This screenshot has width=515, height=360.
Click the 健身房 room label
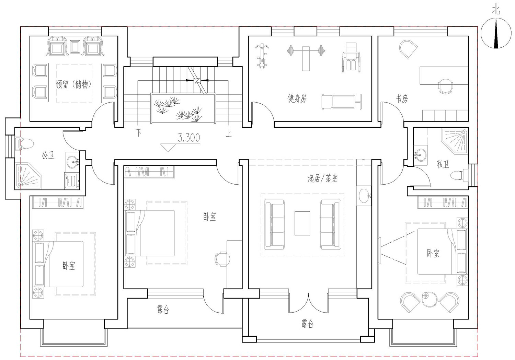pos(297,98)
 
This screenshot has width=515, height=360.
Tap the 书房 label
pos(402,99)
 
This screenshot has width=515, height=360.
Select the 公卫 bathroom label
pos(48,155)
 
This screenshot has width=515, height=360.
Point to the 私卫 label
pos(443,164)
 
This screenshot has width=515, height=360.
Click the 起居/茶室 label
pos(323,178)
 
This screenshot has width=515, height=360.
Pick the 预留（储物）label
pos(74,84)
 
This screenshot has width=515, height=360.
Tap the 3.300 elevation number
pos(189,138)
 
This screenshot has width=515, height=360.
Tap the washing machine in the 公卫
pos(72,181)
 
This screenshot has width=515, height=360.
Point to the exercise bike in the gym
pos(262,56)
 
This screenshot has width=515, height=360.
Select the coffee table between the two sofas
pos(302,223)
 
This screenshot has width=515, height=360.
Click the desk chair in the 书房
pos(446,86)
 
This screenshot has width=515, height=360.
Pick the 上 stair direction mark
pos(229,133)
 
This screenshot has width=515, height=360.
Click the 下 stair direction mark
pos(138,132)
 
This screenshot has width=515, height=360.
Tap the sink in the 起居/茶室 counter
pos(364,196)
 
